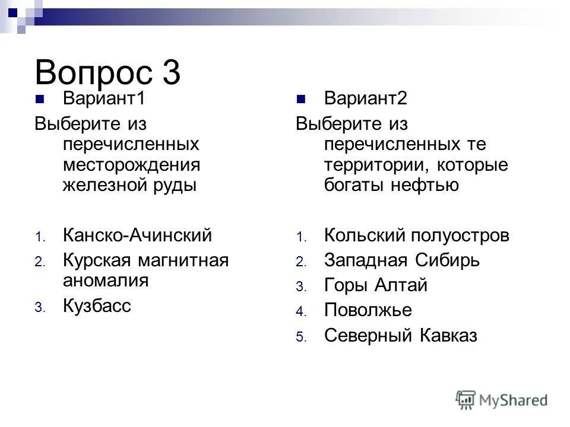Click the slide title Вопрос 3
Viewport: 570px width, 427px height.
click(107, 72)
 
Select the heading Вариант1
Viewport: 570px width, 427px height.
click(104, 98)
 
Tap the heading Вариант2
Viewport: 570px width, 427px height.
click(366, 98)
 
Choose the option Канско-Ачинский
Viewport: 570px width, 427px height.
click(137, 235)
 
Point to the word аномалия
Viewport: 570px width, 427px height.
click(106, 280)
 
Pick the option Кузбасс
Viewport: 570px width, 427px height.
click(97, 306)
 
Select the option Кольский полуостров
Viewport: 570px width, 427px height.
click(417, 235)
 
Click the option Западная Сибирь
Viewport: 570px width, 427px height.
click(402, 260)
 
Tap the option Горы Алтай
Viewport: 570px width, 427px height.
click(376, 285)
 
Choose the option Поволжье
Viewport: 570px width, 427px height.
click(368, 310)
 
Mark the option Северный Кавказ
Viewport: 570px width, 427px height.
click(401, 336)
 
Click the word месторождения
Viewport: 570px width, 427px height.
click(131, 164)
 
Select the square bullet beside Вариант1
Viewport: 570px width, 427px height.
click(40, 99)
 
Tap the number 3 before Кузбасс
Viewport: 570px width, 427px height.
click(39, 308)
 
